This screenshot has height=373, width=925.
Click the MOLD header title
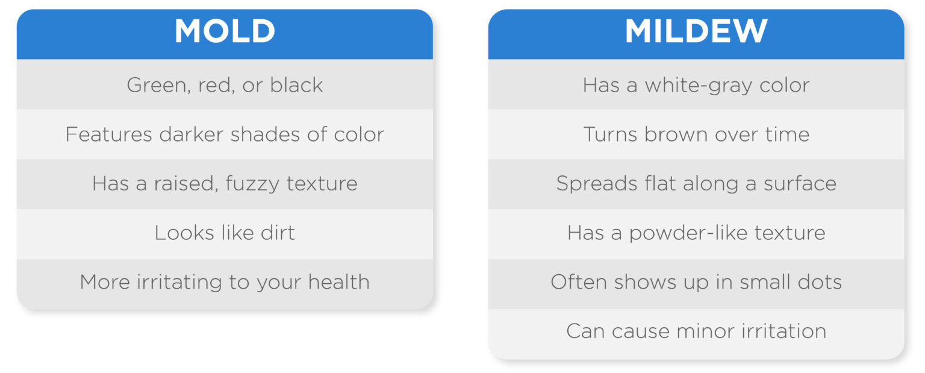[x=225, y=31]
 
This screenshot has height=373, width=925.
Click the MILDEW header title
[x=696, y=31]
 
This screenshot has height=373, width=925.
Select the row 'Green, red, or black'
[x=225, y=85]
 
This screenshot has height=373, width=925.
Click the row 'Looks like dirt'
[x=225, y=233]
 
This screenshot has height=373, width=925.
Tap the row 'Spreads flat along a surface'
[x=696, y=183]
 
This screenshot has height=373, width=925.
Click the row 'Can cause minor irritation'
[x=696, y=331]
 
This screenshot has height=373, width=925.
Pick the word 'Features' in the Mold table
[x=109, y=134]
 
